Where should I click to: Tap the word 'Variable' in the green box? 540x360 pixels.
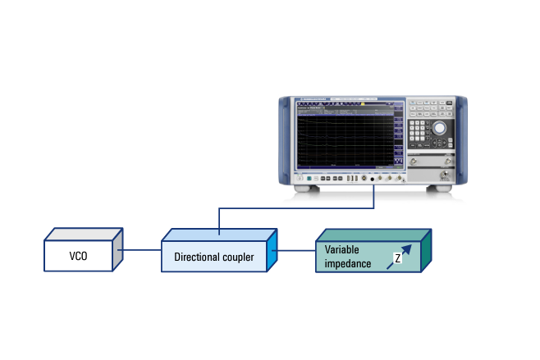point(341,249)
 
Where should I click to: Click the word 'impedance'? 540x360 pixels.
point(348,263)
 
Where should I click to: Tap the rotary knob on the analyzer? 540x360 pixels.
point(441,128)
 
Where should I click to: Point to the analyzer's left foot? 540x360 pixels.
point(307,189)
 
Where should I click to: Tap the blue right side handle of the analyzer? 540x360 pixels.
point(464,139)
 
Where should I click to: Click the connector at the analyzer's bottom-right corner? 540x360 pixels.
point(446,174)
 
